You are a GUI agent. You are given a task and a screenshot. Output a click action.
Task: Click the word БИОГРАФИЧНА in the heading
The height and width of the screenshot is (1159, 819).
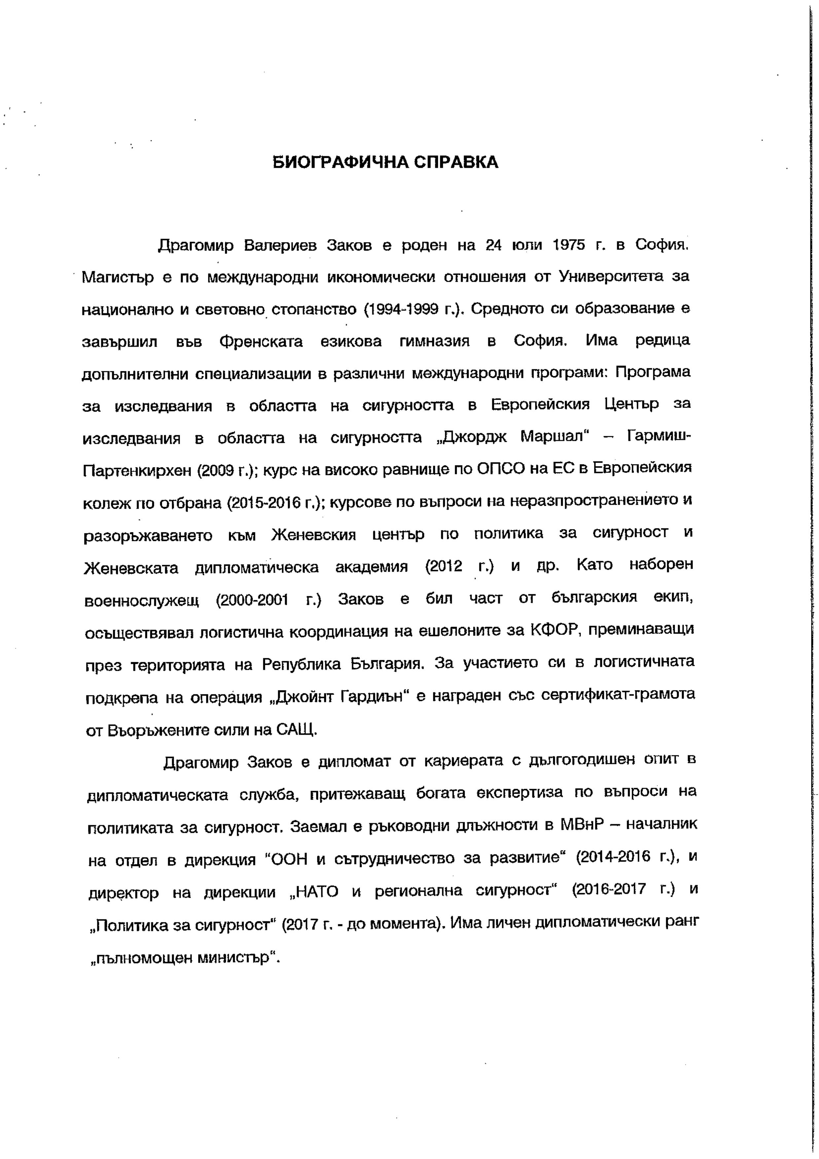[x=339, y=162]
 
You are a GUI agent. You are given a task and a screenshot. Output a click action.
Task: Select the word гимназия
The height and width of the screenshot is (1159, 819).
[x=435, y=342]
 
